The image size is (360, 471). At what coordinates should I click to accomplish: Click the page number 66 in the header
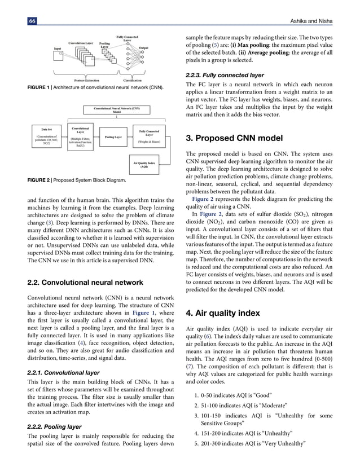32,20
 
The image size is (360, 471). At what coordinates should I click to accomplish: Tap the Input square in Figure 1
59,54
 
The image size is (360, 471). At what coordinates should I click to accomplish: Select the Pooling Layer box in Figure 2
113,137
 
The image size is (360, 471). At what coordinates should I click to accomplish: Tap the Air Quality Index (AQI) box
144,164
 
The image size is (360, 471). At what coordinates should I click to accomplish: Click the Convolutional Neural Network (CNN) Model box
117,109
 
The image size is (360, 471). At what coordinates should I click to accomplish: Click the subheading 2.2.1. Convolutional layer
63,373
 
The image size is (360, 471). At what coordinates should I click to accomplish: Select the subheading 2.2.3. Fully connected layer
224,75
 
